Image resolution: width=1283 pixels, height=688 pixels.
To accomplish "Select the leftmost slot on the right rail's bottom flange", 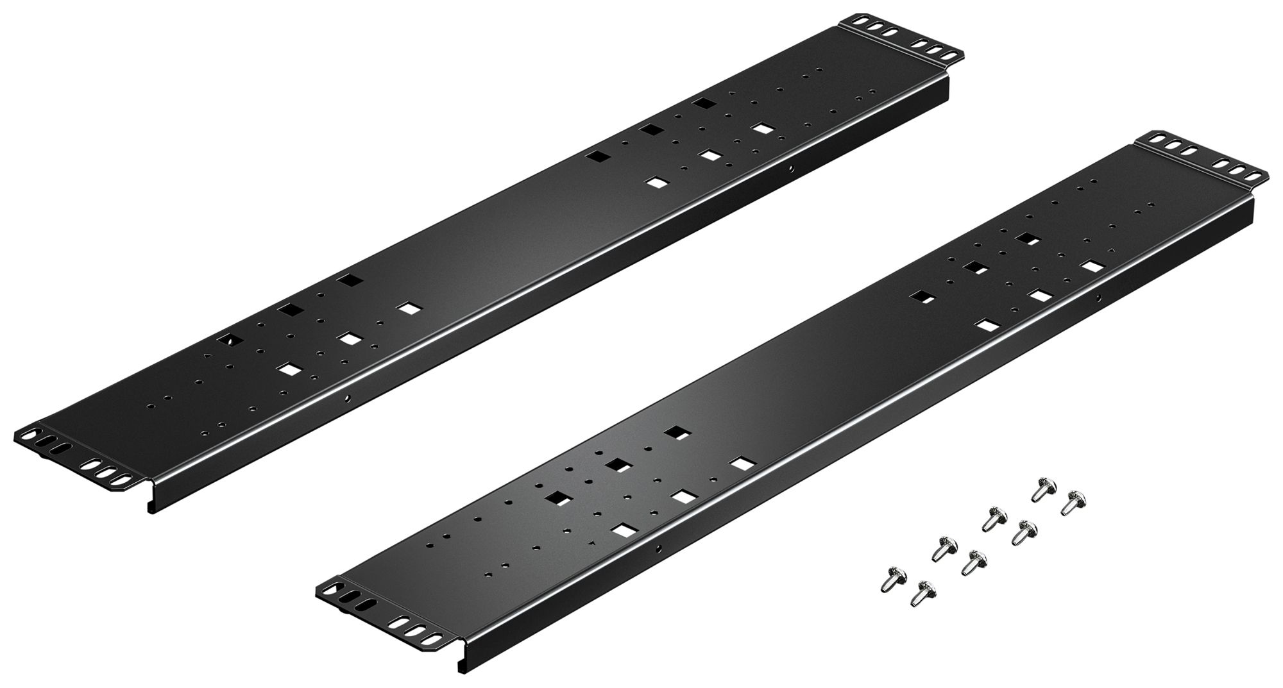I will [332, 587].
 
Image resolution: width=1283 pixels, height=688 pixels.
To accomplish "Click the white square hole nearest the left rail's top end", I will [761, 128].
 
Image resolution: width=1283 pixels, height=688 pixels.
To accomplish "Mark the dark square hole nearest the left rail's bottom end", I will [228, 340].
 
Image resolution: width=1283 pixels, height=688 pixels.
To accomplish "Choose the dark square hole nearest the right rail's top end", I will [1027, 239].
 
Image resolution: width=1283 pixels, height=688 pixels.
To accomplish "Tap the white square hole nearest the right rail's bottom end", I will [620, 530].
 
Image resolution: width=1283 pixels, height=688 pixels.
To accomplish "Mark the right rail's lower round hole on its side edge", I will [658, 548].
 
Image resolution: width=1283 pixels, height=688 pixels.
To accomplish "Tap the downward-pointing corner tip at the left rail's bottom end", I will [149, 510].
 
